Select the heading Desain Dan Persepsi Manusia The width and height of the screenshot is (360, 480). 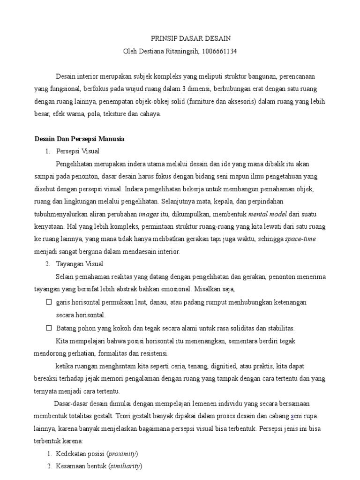pos(79,139)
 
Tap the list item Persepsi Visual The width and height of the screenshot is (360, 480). pos(77,151)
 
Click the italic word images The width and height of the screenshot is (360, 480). pos(149,214)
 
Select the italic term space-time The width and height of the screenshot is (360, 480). pos(300,239)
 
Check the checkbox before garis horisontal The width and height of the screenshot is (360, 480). pos(49,302)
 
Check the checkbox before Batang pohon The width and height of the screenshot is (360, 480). pos(49,328)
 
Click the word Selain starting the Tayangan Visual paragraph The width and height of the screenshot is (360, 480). pos(65,277)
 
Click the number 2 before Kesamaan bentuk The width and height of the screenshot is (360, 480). pos(49,466)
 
